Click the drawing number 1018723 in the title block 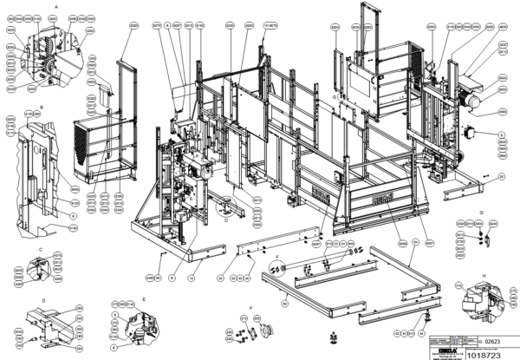(482, 352)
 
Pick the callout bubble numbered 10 (191, 277)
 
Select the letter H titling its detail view (481, 274)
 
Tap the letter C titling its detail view (41, 247)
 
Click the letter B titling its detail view (41, 106)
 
